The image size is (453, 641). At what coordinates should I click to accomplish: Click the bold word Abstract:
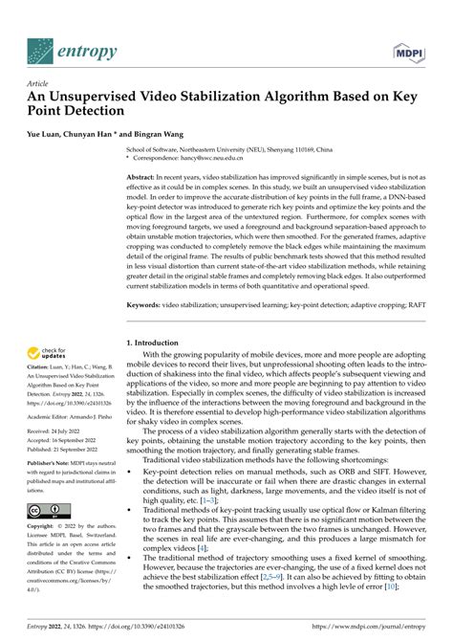coord(144,179)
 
